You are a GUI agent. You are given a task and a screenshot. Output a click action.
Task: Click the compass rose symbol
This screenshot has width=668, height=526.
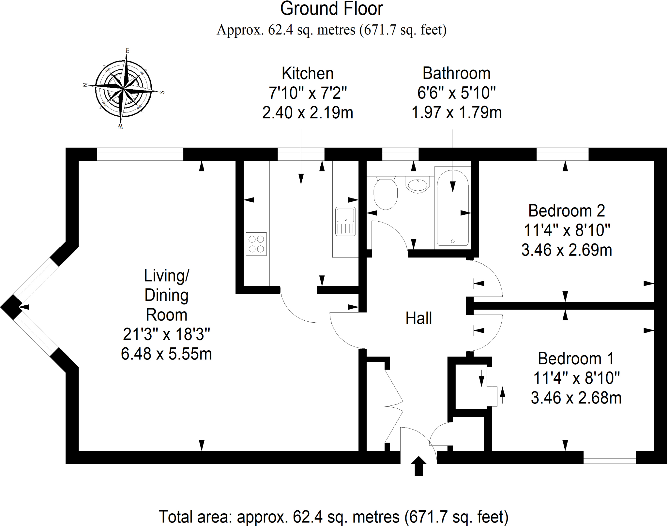[x=124, y=88]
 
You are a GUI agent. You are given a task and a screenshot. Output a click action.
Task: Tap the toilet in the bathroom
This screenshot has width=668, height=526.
[x=386, y=193]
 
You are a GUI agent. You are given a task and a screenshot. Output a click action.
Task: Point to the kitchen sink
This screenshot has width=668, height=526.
[x=345, y=221]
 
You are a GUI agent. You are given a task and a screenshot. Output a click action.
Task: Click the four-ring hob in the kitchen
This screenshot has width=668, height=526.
[x=256, y=244]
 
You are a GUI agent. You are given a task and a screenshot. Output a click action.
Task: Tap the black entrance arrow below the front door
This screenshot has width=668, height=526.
[x=419, y=466]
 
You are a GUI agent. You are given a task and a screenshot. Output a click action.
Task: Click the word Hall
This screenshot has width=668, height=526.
[x=418, y=318]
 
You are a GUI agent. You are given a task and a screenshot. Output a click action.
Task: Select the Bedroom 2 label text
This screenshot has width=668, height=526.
[x=567, y=211]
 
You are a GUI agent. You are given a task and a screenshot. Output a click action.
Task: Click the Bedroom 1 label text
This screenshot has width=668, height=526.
[x=576, y=358]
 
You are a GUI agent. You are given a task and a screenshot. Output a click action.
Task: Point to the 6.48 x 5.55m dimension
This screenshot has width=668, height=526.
[x=166, y=354]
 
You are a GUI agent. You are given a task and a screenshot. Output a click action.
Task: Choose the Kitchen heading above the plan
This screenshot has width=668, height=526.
[x=308, y=73]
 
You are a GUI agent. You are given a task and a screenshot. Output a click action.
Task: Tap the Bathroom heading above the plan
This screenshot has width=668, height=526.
[x=457, y=73]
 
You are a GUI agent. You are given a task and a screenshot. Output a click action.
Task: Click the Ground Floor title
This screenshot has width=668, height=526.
[x=332, y=8]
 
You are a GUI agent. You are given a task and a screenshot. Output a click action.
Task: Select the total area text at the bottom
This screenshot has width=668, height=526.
[x=334, y=517]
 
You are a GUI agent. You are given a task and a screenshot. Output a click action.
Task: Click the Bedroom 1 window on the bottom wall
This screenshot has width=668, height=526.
[x=610, y=457]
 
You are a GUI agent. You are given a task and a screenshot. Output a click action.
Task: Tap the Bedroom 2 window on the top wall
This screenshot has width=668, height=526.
[x=563, y=154]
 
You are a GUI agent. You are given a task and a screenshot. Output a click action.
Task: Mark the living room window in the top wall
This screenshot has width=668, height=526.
[x=140, y=154]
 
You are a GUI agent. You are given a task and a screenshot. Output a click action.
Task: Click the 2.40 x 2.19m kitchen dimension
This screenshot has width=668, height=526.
[x=308, y=113]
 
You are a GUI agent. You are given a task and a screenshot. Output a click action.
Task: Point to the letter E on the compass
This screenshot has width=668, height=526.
[x=128, y=51]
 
